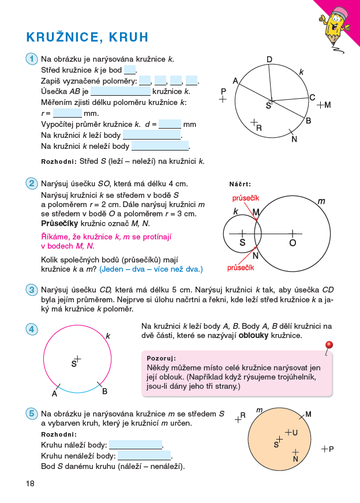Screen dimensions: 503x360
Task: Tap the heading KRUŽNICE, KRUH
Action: coord(87,37)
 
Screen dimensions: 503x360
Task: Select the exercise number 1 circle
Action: coord(31,59)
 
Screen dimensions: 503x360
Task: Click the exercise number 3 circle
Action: coord(31,290)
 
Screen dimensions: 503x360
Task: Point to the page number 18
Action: coord(30,483)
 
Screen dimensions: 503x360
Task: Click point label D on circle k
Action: coord(269,59)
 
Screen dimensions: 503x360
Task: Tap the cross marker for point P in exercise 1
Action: coord(223,99)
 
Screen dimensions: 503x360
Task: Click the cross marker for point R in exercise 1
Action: coord(254,122)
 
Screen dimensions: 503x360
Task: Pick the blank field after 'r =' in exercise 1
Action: coord(67,113)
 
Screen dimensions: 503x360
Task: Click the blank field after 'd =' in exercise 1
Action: coord(170,124)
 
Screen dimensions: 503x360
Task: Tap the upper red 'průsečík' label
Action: coord(245,198)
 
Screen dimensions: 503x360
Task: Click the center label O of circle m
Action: coord(292,243)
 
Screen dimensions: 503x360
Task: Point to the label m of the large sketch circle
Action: coord(321,201)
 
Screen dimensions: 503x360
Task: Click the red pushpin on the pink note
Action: coord(329,346)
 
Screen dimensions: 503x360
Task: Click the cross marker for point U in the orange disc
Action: coord(288,432)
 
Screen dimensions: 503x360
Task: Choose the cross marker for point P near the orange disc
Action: coord(325,448)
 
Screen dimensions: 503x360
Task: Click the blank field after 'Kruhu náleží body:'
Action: coord(136,445)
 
